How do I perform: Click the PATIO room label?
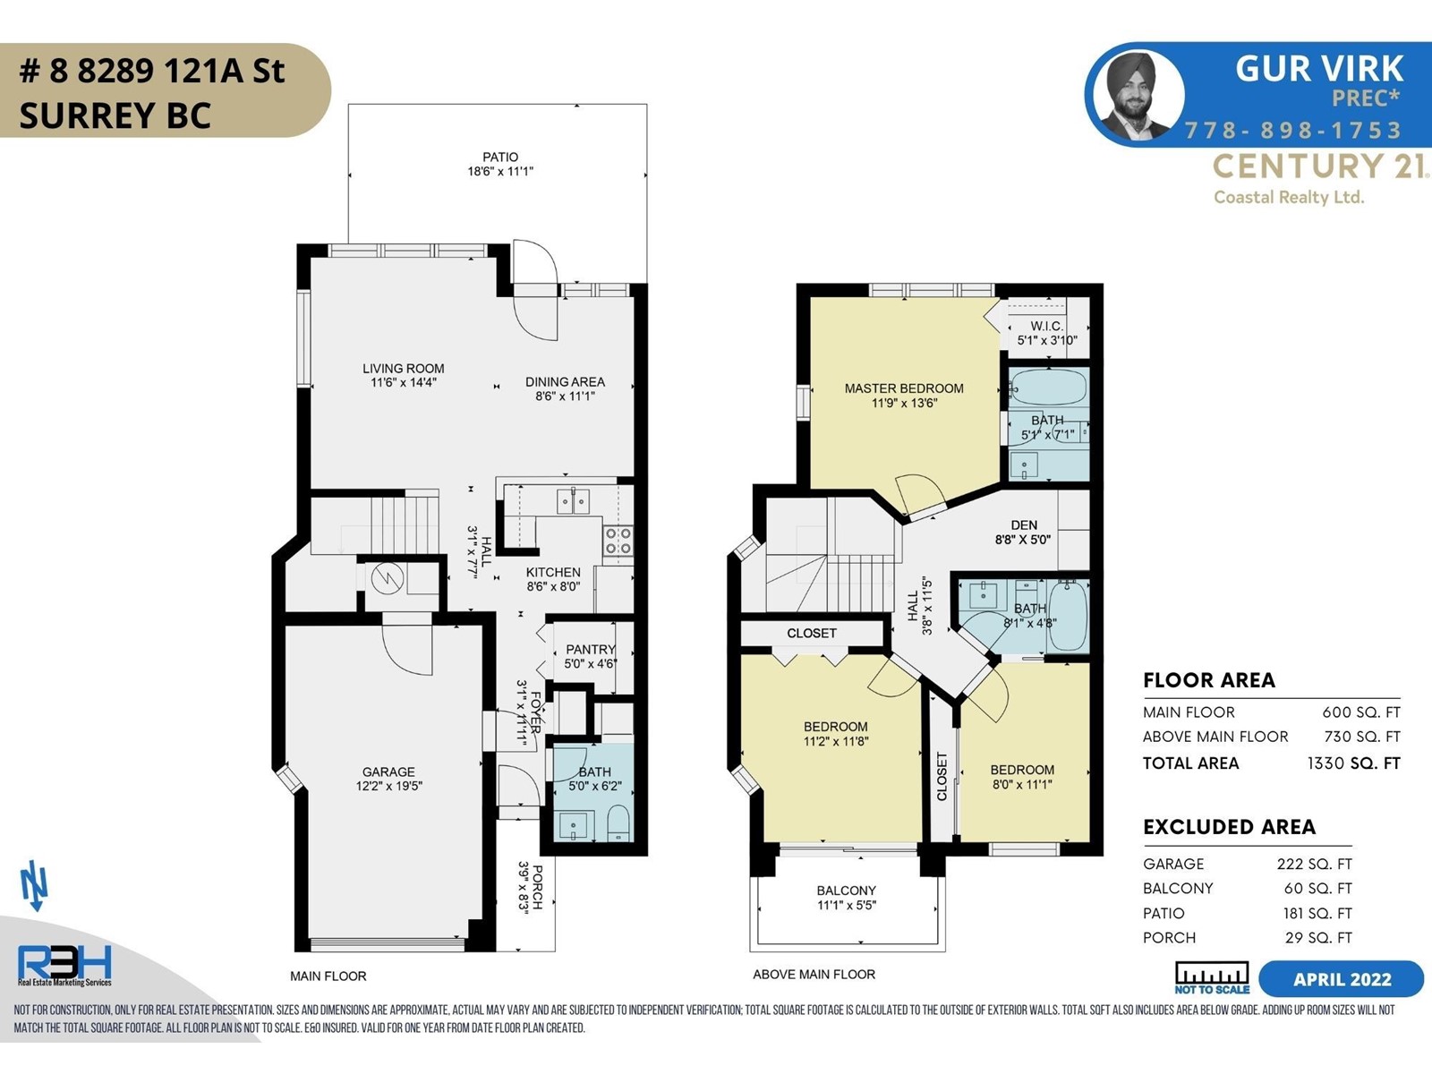click(x=500, y=158)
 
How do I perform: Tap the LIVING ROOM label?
click(x=403, y=369)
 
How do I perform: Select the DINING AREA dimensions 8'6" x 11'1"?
click(x=565, y=396)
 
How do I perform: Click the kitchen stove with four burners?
click(x=618, y=541)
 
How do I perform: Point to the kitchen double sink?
click(x=573, y=501)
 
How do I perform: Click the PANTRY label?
click(x=591, y=650)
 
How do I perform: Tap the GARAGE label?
click(x=388, y=771)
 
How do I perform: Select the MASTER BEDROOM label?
click(x=904, y=388)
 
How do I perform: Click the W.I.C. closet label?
click(x=1047, y=326)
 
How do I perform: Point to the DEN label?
click(x=1024, y=525)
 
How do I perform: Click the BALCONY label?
click(x=846, y=891)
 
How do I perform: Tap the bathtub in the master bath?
click(x=1048, y=388)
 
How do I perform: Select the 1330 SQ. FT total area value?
click(x=1354, y=763)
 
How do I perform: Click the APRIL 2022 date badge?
click(x=1342, y=979)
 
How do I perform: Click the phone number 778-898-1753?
click(x=1292, y=131)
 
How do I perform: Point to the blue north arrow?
click(x=35, y=885)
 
